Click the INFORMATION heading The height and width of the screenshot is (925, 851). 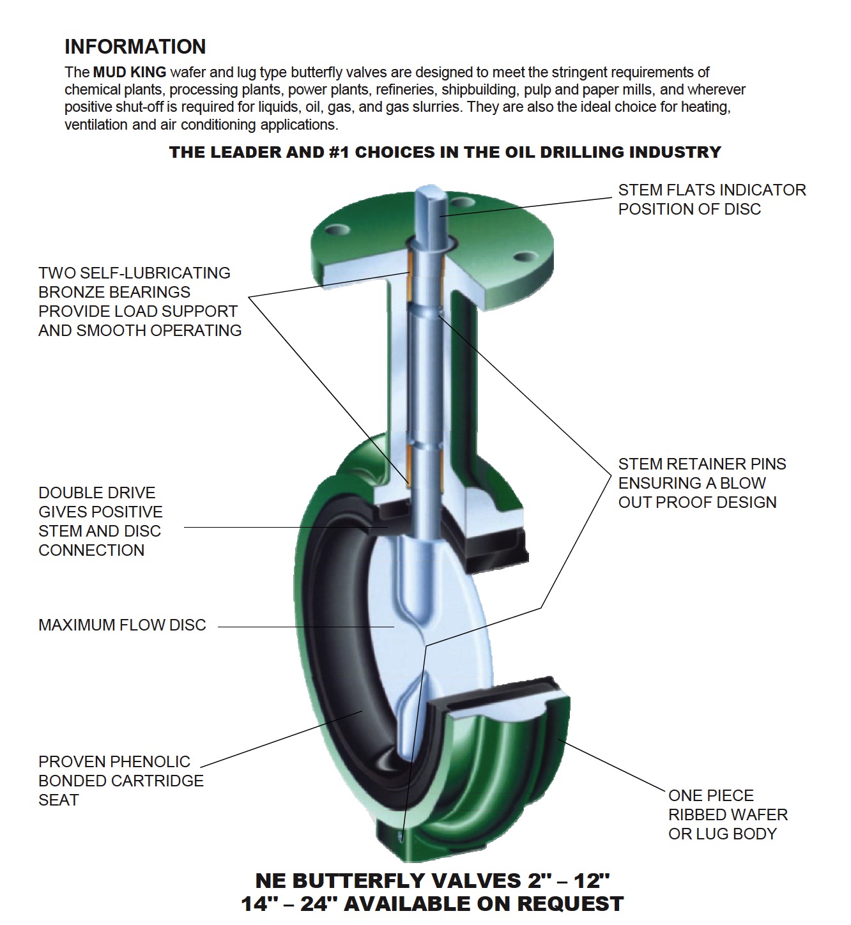click(135, 47)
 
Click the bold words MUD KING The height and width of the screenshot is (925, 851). click(130, 72)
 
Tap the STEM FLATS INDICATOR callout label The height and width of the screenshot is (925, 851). click(711, 199)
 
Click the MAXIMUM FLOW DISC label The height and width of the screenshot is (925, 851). click(122, 625)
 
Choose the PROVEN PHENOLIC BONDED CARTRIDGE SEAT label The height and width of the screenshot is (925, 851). click(121, 781)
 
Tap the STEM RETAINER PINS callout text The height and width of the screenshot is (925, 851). click(701, 483)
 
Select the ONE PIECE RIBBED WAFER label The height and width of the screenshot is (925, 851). click(728, 814)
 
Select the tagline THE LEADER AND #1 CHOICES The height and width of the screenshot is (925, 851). click(445, 152)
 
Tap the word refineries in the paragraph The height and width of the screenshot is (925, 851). click(404, 89)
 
